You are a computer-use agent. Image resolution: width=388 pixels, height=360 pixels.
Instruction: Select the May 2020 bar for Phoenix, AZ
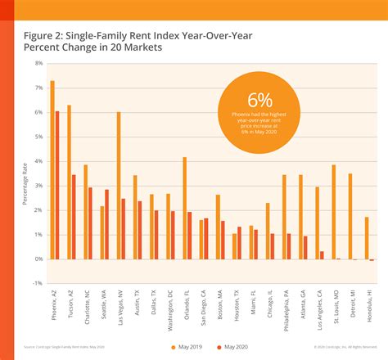pos(57,185)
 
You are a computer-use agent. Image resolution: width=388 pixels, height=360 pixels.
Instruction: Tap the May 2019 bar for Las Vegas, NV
pos(119,185)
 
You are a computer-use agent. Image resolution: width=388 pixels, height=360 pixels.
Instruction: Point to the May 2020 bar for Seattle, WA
pos(107,224)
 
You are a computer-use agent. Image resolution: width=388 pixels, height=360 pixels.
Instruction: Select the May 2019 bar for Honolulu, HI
pos(367,238)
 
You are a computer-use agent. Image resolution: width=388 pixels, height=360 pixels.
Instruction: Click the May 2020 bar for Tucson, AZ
pos(74,217)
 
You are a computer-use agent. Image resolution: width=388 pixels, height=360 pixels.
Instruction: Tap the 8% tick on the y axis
pos(38,63)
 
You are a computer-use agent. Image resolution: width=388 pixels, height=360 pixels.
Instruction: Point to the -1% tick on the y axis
pos(38,283)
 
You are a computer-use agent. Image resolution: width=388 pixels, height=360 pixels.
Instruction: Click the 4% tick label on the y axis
pos(38,161)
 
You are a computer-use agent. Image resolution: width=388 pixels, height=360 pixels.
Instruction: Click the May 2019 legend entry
pos(190,347)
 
